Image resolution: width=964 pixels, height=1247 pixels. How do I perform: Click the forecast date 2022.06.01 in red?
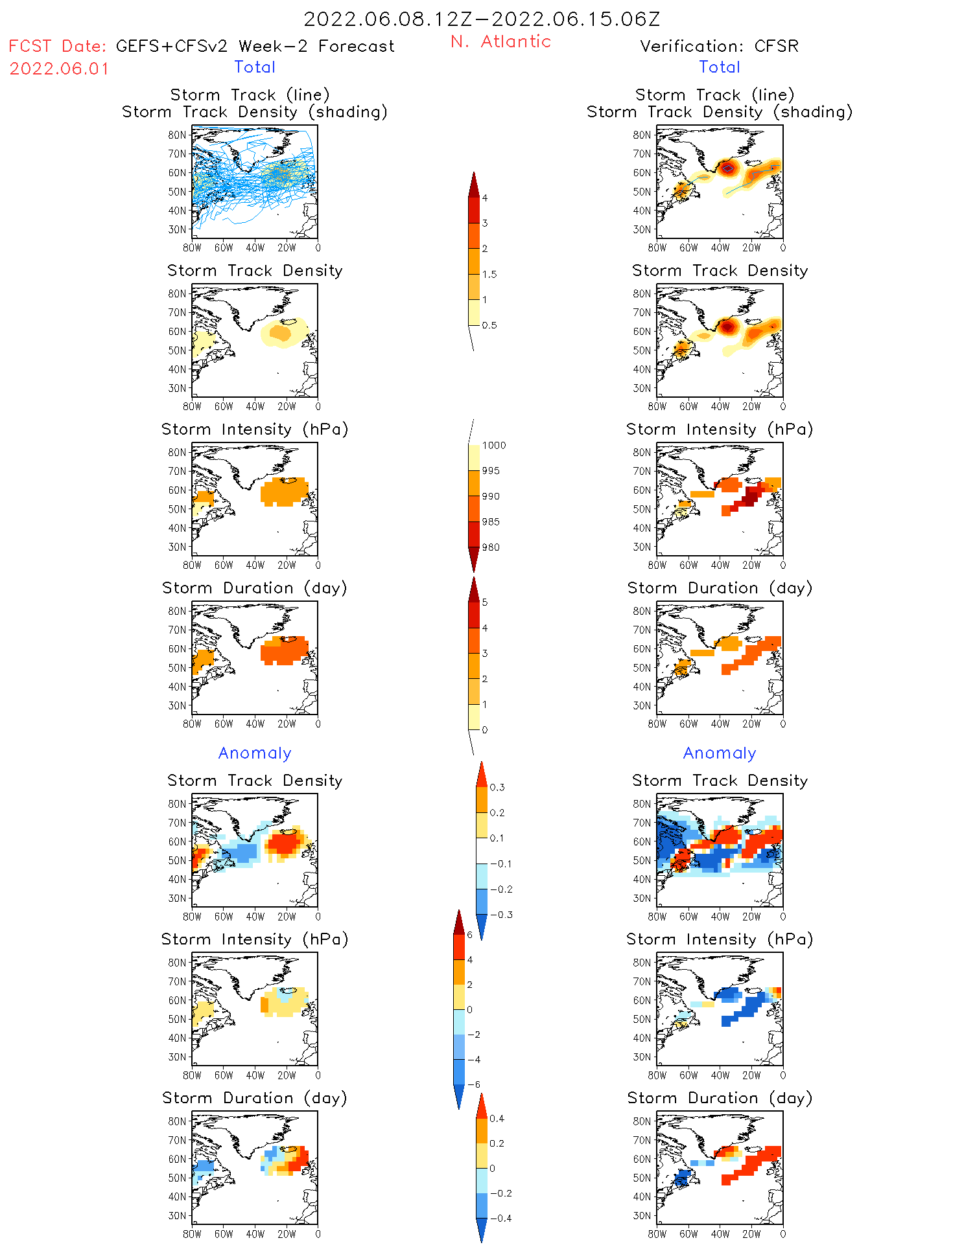[x=59, y=69]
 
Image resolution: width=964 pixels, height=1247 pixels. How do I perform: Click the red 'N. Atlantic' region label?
[x=500, y=41]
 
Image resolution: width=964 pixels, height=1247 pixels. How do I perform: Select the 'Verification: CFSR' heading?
[x=719, y=46]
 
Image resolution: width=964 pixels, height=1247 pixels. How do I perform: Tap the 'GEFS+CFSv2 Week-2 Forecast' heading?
[x=255, y=46]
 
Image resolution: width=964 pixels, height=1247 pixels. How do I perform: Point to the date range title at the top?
[x=482, y=19]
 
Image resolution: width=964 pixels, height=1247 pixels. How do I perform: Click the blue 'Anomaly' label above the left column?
[x=255, y=753]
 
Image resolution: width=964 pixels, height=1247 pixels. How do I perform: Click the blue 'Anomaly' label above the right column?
[x=720, y=753]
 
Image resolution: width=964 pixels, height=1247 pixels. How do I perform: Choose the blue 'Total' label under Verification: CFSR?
[x=720, y=67]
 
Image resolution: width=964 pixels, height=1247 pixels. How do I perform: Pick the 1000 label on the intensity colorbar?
[x=493, y=445]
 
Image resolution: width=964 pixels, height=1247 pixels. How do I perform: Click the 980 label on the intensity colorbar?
[x=491, y=547]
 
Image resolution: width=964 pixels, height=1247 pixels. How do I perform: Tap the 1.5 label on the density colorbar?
[x=489, y=274]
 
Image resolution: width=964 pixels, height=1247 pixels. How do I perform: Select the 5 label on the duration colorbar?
[x=485, y=602]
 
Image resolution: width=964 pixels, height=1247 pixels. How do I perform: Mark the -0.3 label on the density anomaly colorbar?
[x=501, y=915]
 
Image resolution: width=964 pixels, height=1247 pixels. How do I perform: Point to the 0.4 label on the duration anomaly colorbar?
[x=497, y=1118]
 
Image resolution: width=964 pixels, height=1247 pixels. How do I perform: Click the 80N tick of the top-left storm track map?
[x=177, y=135]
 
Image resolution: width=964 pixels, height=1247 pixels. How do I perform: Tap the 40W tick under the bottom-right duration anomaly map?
[x=720, y=1234]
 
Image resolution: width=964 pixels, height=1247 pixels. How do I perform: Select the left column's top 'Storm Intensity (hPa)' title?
[x=255, y=429]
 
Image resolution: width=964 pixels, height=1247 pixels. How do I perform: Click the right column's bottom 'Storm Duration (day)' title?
[x=720, y=1098]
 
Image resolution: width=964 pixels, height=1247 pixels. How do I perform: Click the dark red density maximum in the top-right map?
[x=727, y=168]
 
